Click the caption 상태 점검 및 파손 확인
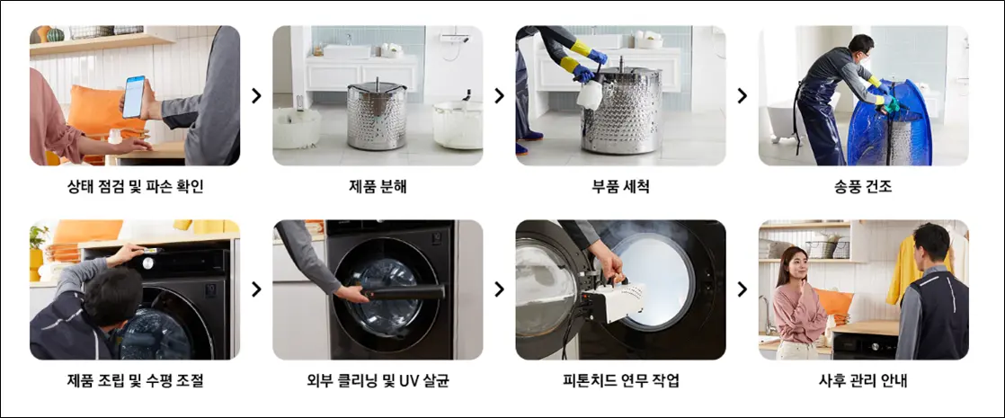click(x=135, y=187)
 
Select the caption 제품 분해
click(x=378, y=187)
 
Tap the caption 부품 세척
click(x=620, y=187)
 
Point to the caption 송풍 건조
click(x=863, y=187)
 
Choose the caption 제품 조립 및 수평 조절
click(x=135, y=381)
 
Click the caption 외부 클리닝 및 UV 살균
click(x=378, y=381)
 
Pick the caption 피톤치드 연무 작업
click(x=620, y=381)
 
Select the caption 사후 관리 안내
click(x=863, y=381)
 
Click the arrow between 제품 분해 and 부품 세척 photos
click(x=499, y=95)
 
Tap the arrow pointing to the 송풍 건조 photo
click(x=742, y=95)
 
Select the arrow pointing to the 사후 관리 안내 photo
click(x=742, y=289)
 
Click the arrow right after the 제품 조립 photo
click(x=256, y=289)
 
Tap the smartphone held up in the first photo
click(x=133, y=96)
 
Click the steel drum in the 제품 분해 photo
click(x=378, y=115)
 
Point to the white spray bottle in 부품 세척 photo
click(x=590, y=93)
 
